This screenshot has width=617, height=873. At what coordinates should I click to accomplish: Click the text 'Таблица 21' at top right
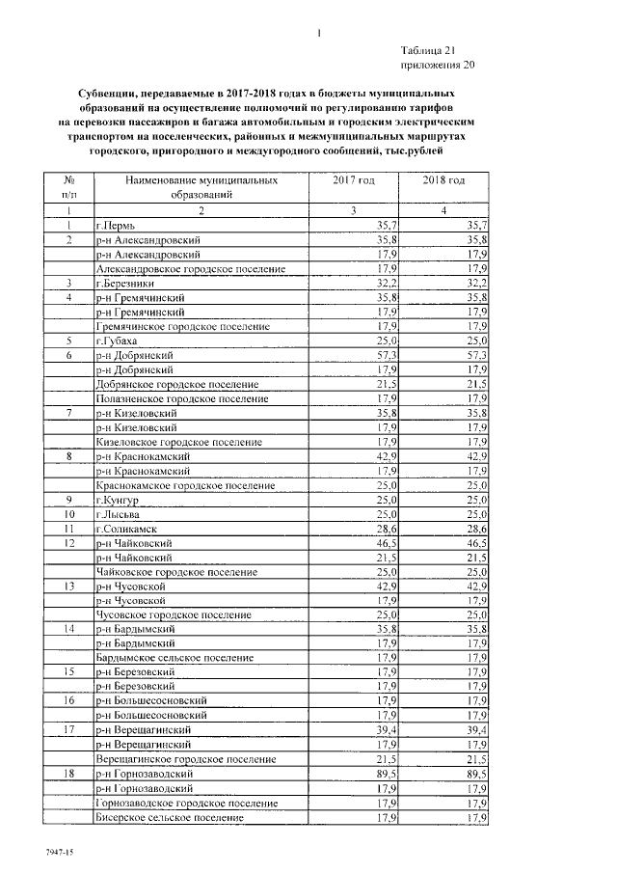[436, 49]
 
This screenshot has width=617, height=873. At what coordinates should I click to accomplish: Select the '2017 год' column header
[353, 180]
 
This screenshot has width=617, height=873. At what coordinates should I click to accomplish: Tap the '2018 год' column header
[444, 180]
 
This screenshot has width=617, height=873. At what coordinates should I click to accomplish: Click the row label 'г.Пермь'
[115, 225]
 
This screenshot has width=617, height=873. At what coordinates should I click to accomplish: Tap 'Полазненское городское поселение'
[174, 398]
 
